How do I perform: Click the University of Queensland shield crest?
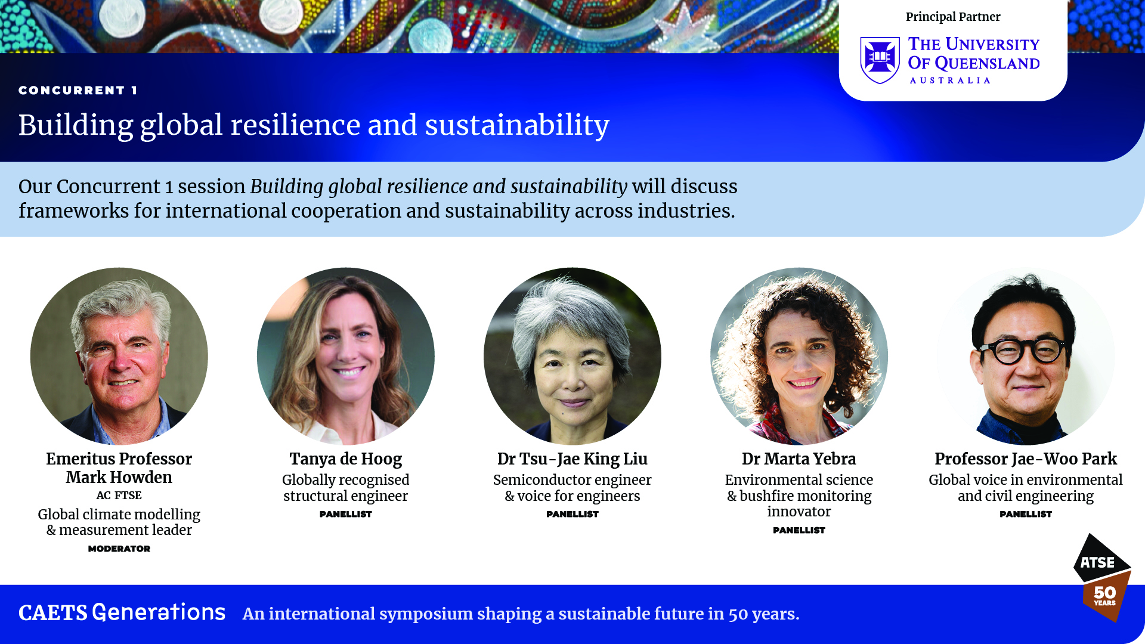[880, 60]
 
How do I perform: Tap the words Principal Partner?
[953, 17]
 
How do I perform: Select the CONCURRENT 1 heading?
[78, 90]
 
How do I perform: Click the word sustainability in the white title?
[517, 125]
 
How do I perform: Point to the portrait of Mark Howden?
[119, 356]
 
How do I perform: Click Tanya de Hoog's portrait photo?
[346, 356]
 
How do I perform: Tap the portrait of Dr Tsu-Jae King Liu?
[572, 356]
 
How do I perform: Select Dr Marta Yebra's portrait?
[799, 356]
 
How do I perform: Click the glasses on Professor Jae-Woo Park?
[1023, 350]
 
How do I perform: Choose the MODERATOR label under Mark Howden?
[119, 549]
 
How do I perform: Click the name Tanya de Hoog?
[346, 459]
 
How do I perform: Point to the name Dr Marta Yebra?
[799, 459]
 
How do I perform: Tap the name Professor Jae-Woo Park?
[1026, 459]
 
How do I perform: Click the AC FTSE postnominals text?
[119, 496]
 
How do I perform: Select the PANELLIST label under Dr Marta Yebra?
[799, 530]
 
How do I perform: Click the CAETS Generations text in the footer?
[122, 613]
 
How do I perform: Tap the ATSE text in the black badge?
[1097, 562]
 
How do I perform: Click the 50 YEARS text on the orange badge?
[1104, 595]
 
